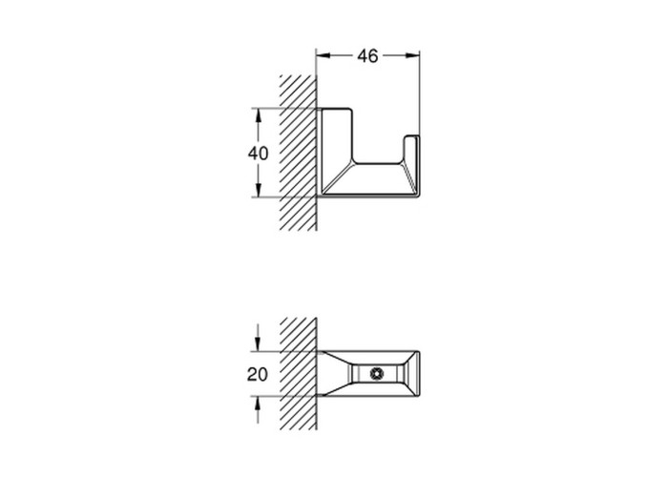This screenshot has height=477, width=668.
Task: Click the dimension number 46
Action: [x=367, y=55]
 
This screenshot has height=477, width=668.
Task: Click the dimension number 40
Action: [x=259, y=154]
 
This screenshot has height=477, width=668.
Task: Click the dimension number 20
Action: [x=258, y=374]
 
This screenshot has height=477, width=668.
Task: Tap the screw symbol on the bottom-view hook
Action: [x=377, y=374]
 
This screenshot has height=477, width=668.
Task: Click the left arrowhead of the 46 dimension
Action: [x=324, y=55]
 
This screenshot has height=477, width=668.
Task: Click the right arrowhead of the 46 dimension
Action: [x=412, y=55]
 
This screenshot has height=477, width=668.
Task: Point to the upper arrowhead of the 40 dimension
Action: [x=259, y=115]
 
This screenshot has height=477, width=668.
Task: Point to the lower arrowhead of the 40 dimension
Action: [x=259, y=190]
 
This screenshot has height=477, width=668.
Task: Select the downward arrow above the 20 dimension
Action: [x=258, y=338]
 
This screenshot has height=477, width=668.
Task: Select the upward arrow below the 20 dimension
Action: [x=258, y=409]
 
